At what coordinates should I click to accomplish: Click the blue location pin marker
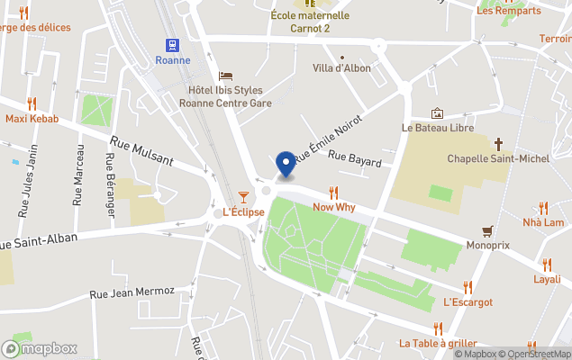point(286,165)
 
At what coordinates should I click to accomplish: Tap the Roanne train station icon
point(171,45)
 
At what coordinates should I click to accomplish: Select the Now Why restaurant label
point(333,207)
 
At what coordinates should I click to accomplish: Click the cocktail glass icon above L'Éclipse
point(243,196)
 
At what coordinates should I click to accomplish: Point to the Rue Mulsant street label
point(141,149)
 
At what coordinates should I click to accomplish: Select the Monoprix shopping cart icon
point(488,229)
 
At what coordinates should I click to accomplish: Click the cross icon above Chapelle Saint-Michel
point(498,144)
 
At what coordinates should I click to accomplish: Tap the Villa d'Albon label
point(341,68)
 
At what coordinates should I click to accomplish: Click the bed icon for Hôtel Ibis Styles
point(225,75)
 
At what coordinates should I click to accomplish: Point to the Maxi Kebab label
point(32,119)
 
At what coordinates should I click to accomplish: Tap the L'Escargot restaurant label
point(468,302)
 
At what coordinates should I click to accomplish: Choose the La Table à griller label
point(438,343)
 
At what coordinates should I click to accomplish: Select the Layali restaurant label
point(547,279)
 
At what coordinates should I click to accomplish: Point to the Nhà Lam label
point(543,222)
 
